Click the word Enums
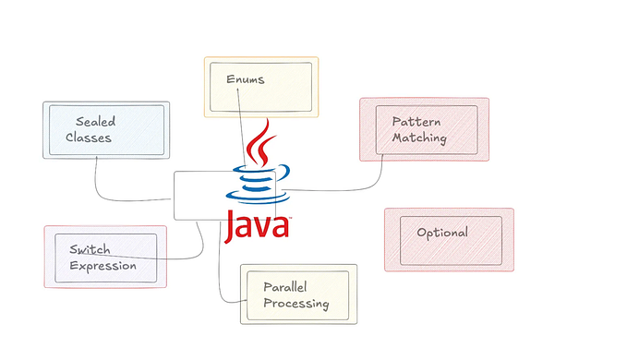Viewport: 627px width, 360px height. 245,79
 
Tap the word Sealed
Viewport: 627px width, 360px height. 96,121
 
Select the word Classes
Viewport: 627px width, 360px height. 94,138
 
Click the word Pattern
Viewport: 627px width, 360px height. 416,122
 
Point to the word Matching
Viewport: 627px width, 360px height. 420,138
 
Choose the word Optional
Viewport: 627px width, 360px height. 441,233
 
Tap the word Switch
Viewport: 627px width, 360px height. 90,249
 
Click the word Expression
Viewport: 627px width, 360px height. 102,266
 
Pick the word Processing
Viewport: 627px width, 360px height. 295,304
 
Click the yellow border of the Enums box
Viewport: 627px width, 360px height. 260,58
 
